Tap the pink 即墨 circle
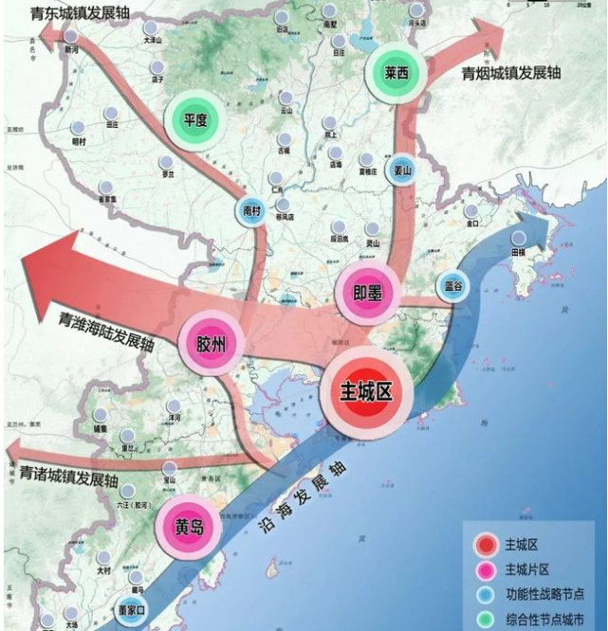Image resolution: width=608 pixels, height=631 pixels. point(366,294)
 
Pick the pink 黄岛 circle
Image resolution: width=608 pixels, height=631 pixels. point(190,528)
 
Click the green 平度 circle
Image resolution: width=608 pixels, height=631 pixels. point(195,120)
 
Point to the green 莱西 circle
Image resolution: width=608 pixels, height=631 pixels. point(396,72)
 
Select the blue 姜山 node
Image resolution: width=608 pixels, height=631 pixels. point(403,170)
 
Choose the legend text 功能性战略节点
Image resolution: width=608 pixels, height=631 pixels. point(544,594)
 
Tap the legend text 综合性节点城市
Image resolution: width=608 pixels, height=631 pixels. point(544,619)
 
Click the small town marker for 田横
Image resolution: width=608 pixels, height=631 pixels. point(519,239)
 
